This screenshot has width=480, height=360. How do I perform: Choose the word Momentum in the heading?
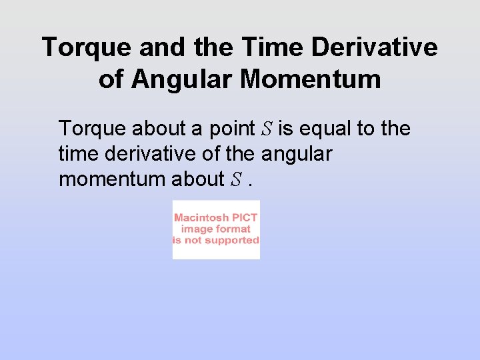tap(311, 79)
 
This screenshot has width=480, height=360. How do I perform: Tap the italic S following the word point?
tap(268, 129)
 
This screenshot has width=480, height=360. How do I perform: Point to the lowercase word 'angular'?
tap(297, 155)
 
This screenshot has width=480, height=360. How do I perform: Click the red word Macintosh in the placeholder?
tap(202, 218)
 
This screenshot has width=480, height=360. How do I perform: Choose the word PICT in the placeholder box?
tap(245, 218)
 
